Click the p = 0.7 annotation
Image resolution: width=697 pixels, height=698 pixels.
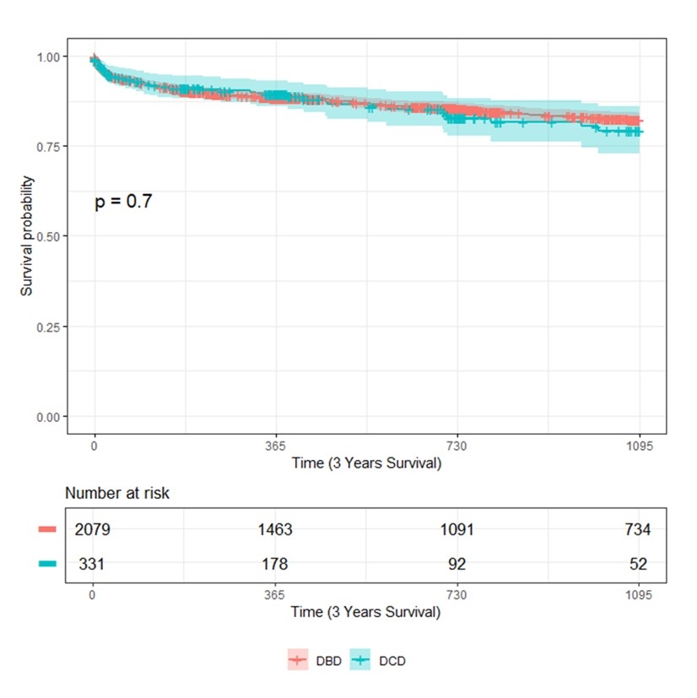[x=123, y=202]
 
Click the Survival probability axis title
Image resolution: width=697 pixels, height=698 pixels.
[x=27, y=236]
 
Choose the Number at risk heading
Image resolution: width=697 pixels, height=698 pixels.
[x=117, y=493]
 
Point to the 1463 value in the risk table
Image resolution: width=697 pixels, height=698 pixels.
[x=276, y=529]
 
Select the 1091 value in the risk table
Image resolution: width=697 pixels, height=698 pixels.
[x=457, y=529]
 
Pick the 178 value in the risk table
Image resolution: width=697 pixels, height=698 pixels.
[x=276, y=563]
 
